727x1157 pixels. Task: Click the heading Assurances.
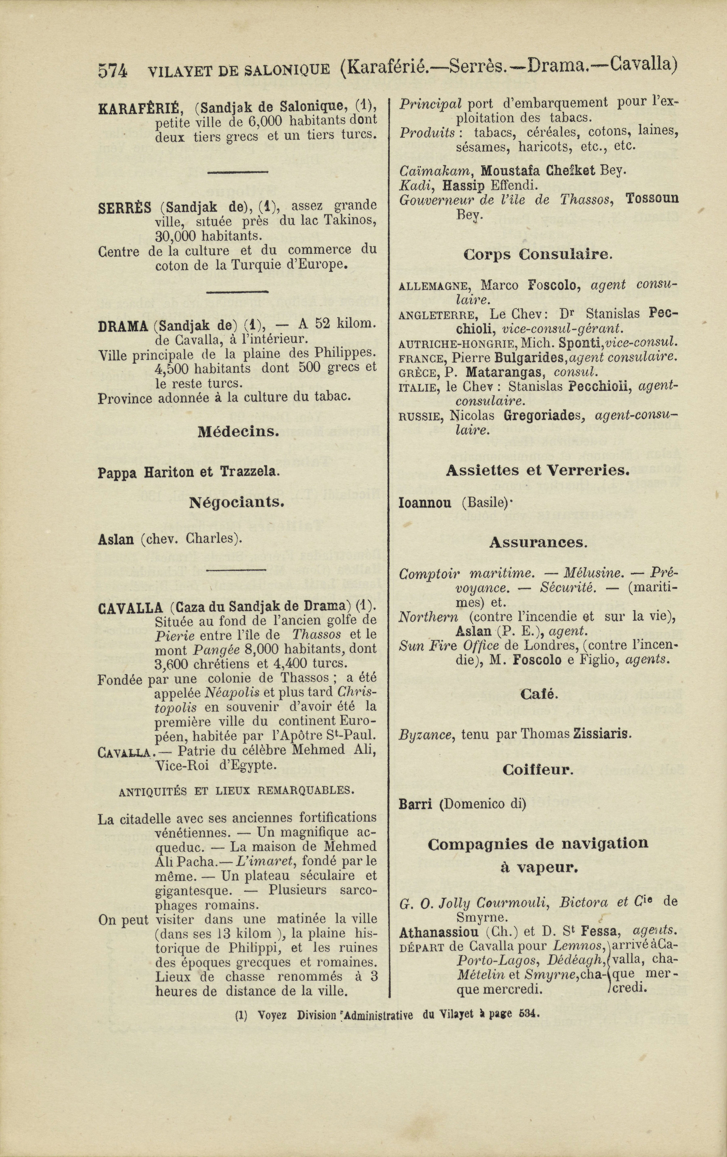coord(538,543)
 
